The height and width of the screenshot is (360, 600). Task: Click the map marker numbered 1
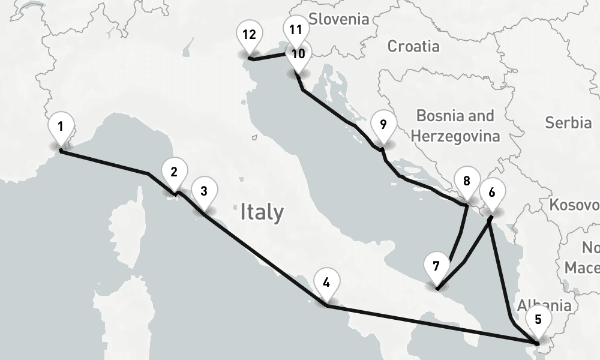(x=61, y=127)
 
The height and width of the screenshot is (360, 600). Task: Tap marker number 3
(x=204, y=192)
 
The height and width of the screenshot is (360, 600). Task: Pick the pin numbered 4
(x=326, y=283)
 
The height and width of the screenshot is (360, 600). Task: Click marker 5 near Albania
(x=537, y=320)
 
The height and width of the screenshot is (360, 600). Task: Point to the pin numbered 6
(x=492, y=193)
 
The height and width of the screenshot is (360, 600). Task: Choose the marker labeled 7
(x=436, y=266)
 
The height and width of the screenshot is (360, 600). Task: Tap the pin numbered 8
(x=467, y=182)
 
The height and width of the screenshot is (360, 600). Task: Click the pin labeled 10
(x=298, y=54)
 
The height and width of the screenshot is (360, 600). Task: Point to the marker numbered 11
(x=295, y=30)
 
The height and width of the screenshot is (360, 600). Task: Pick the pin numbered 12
(x=249, y=35)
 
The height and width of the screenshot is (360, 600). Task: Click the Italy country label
(x=262, y=212)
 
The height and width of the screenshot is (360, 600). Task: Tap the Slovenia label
(x=339, y=19)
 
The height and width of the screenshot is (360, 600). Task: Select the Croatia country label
(x=413, y=46)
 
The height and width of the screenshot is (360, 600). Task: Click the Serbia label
(x=568, y=123)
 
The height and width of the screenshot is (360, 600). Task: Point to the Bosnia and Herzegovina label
(x=458, y=125)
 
